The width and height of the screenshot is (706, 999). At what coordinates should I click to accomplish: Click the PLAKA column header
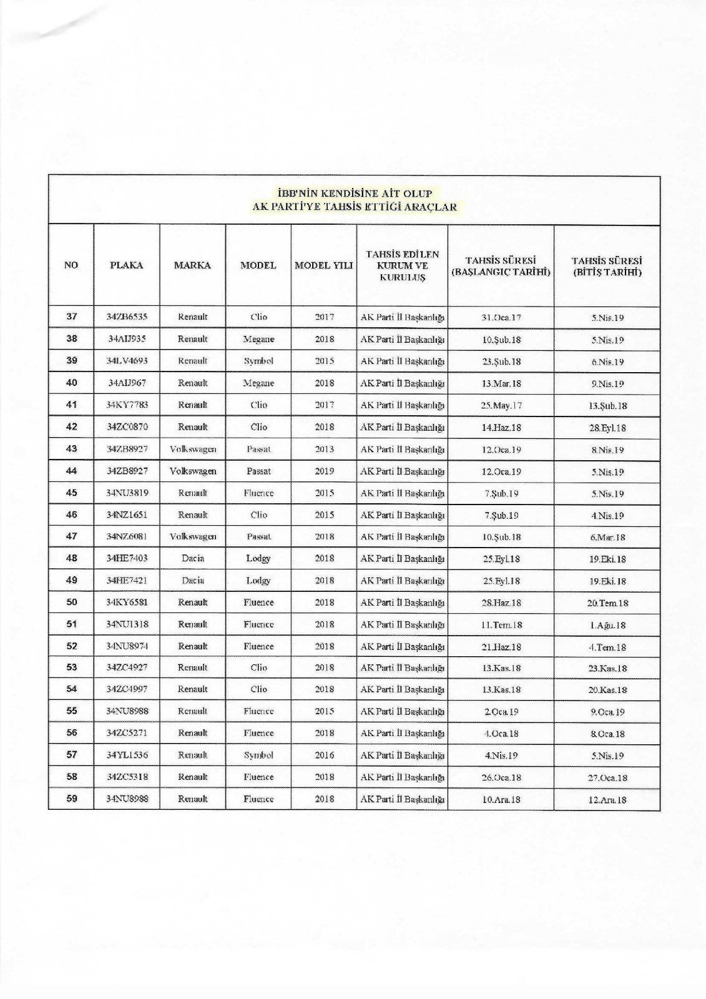[x=127, y=265]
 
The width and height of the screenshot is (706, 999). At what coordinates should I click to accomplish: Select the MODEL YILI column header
[x=323, y=265]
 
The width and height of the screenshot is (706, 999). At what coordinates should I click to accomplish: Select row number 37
[x=72, y=317]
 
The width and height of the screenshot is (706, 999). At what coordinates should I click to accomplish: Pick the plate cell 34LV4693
[x=127, y=361]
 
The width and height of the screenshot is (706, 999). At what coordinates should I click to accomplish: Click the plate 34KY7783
[x=127, y=405]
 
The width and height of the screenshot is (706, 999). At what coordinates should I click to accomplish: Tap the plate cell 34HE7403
[x=127, y=558]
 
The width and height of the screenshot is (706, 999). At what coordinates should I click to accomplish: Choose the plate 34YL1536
[x=127, y=755]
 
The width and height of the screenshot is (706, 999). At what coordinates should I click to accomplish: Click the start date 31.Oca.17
[x=501, y=317]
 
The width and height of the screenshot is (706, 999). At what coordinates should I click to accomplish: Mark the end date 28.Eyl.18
[x=607, y=428]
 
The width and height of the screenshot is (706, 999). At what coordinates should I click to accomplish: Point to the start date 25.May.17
[x=501, y=405]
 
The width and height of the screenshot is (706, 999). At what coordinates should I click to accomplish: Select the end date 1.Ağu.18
[x=607, y=625]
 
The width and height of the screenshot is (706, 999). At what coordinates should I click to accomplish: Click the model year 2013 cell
[x=324, y=449]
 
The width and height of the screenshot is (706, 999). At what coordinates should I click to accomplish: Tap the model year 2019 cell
[x=324, y=471]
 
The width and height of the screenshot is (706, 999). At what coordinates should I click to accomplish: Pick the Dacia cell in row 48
[x=193, y=558]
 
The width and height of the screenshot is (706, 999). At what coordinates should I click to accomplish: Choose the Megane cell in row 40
[x=258, y=383]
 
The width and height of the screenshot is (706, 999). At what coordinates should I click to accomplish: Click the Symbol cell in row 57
[x=258, y=755]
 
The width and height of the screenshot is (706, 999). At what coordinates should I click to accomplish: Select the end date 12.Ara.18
[x=607, y=800]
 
